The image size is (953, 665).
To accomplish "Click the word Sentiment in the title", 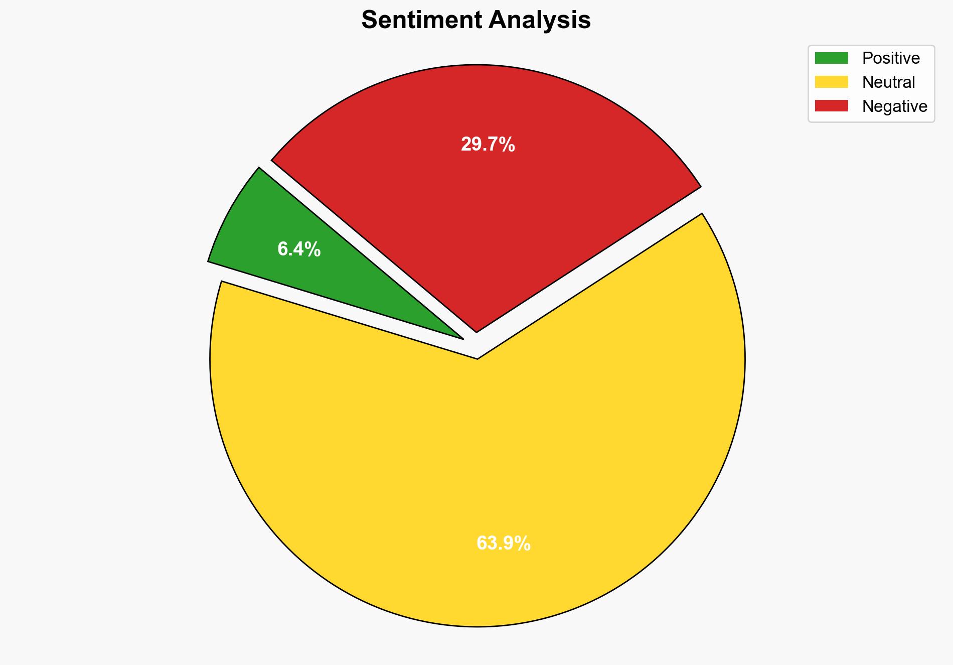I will click(x=422, y=21).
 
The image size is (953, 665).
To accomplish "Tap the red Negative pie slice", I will click(x=482, y=201).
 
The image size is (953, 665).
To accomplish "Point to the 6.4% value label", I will click(x=299, y=249).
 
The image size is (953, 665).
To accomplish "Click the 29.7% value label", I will click(x=488, y=145).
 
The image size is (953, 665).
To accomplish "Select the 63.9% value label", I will click(x=503, y=544).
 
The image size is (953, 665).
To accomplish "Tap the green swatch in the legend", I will click(x=831, y=58).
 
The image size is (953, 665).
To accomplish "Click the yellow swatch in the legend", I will click(x=831, y=82).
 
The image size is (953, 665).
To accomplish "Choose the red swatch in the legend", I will click(x=831, y=106).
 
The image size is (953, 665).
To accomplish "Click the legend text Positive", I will click(x=891, y=58).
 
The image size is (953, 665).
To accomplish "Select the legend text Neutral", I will click(x=888, y=82).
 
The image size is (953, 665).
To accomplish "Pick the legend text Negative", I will click(x=894, y=106).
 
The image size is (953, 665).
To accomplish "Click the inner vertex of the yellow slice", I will click(x=478, y=358).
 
